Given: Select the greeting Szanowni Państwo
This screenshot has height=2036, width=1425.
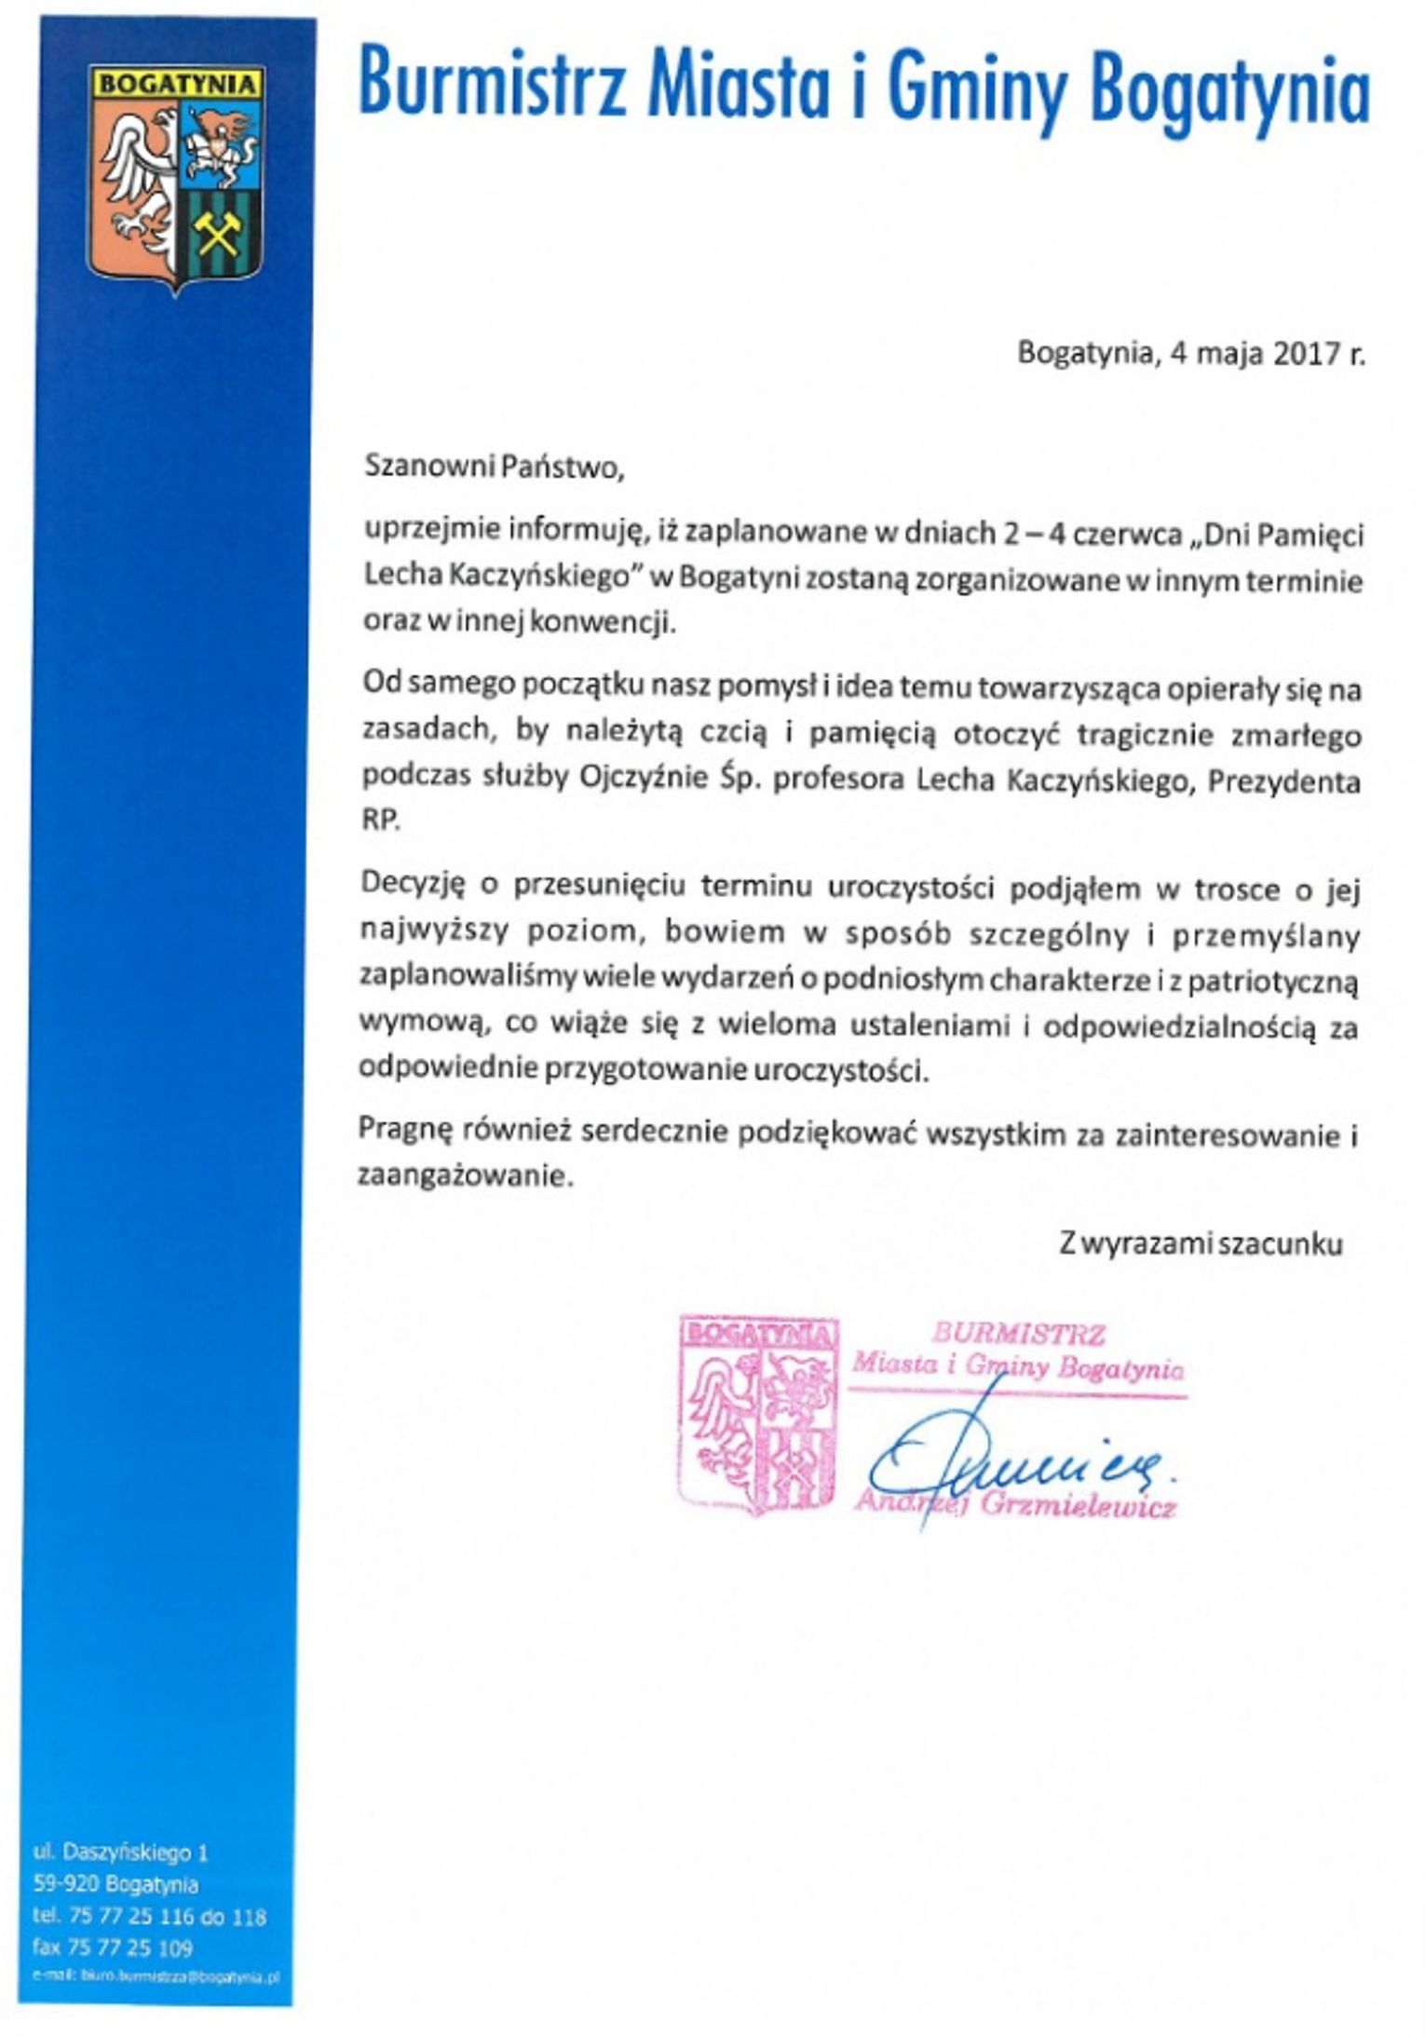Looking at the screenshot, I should pyautogui.click(x=493, y=466).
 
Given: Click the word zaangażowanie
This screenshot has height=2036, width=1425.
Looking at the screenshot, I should pyautogui.click(x=463, y=1176).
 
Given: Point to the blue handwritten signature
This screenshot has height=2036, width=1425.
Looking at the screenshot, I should pyautogui.click(x=1015, y=1459).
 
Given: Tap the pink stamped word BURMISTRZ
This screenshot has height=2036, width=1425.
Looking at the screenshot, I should pyautogui.click(x=1018, y=1333).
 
